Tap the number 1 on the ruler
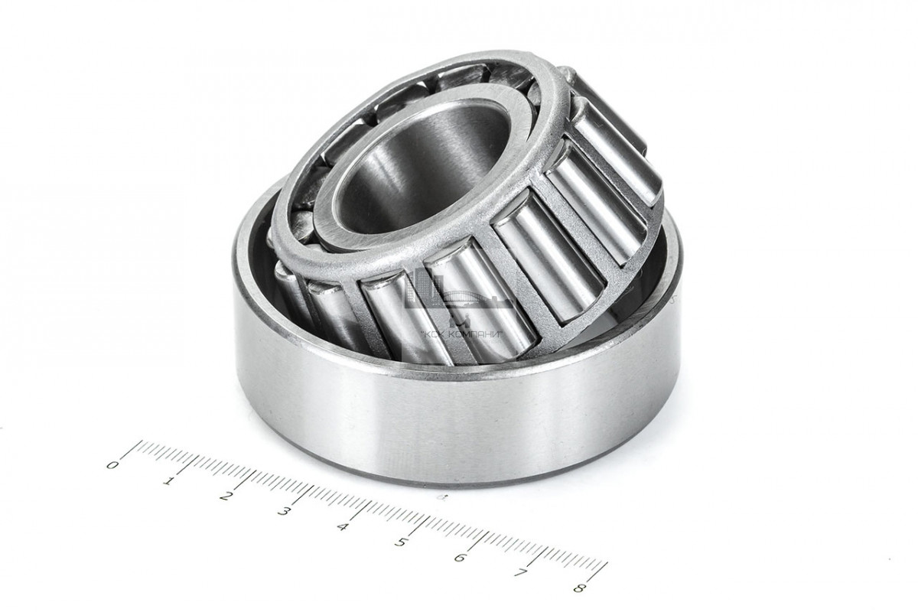(x=168, y=480)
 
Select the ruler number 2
(x=224, y=496)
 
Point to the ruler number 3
(x=282, y=511)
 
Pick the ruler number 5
(x=401, y=542)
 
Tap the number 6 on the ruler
(x=461, y=558)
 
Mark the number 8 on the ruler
(x=580, y=588)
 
